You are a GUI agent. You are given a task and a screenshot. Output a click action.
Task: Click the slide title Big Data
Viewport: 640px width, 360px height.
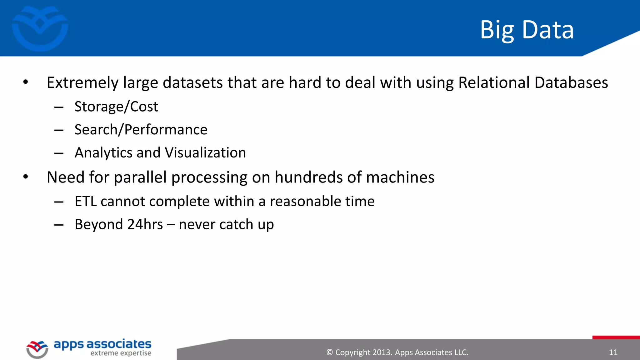[x=527, y=30]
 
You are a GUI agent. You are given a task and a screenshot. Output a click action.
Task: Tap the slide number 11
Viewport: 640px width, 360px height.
[x=613, y=352]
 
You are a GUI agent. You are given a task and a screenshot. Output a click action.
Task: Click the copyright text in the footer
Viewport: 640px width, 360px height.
[x=397, y=352]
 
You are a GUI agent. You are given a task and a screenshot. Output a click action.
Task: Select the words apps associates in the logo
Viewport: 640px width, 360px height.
[x=102, y=344]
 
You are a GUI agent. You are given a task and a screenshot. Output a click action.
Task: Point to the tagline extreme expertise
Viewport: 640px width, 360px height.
[x=121, y=353]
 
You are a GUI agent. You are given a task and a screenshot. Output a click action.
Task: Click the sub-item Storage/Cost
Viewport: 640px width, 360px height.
[x=116, y=107]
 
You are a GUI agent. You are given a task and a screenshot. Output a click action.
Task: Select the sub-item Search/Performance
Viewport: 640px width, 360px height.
[x=141, y=130]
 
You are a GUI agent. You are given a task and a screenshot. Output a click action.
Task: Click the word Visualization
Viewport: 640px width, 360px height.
[x=205, y=153]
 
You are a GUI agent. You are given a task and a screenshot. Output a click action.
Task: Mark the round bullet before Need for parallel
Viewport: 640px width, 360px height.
[x=26, y=177]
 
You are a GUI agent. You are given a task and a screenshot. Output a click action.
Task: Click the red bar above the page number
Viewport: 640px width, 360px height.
[x=616, y=337]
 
